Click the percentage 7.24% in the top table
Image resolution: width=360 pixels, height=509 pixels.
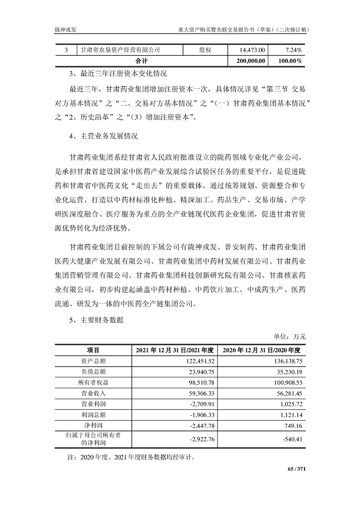click(294, 49)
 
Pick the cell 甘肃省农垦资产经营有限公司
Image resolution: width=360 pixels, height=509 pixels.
click(120, 49)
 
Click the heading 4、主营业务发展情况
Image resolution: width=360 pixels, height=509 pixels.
click(104, 136)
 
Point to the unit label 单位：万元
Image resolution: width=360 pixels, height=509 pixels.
click(290, 337)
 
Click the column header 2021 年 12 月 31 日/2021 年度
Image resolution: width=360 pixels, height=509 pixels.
click(174, 350)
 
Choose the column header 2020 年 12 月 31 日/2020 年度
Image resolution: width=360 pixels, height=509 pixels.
click(262, 350)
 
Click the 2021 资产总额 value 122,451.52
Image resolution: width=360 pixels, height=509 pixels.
click(197, 361)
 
